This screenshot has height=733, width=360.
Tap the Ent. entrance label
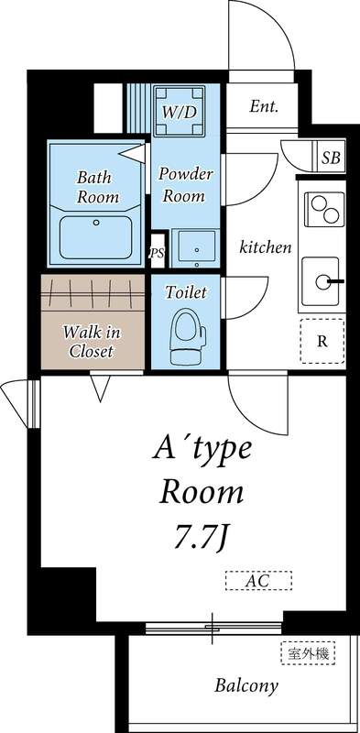[264, 106]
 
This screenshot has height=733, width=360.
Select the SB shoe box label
[331, 158]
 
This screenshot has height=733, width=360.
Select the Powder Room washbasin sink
[195, 246]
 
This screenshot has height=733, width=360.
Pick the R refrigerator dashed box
[322, 342]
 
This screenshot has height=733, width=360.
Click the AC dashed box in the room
[258, 580]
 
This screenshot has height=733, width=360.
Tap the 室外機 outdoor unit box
[306, 653]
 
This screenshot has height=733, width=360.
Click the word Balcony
[246, 685]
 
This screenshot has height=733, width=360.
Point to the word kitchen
[266, 247]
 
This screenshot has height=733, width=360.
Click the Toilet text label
[186, 292]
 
